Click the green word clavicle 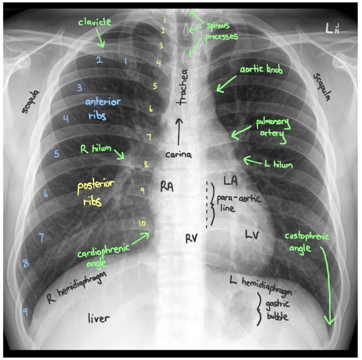95,22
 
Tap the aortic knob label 262,69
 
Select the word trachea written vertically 183,87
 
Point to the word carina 178,154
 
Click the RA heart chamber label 167,187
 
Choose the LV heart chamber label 252,235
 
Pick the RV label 191,238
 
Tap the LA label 230,181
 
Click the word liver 99,318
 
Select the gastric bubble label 277,310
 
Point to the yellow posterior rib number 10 142,223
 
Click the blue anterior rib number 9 26,312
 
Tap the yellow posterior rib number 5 155,86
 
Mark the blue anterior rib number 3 80,88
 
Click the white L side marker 329,28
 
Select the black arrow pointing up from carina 179,132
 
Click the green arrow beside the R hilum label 119,154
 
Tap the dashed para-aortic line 207,205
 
